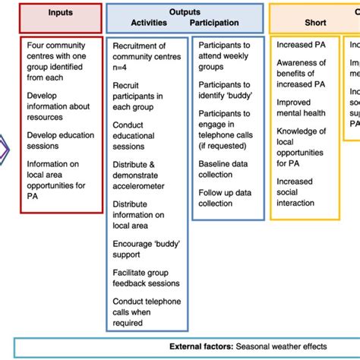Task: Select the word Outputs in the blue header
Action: [185, 11]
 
